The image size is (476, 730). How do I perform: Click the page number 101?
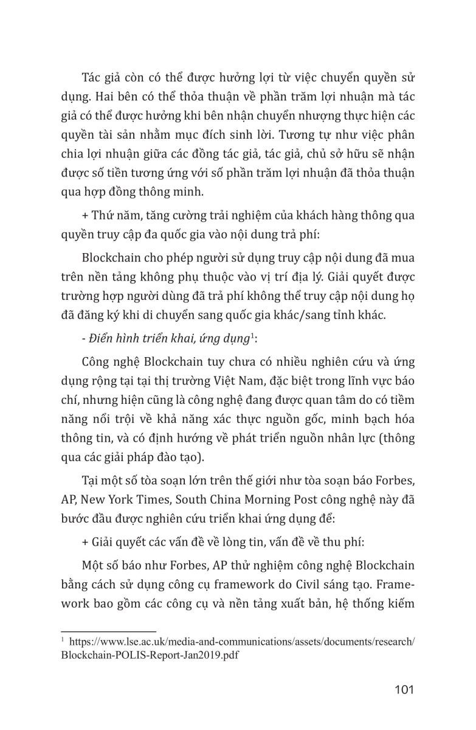[x=404, y=689]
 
